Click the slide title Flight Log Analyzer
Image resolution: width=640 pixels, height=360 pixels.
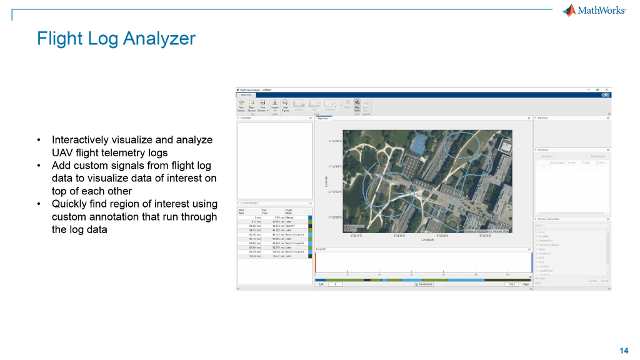(x=116, y=39)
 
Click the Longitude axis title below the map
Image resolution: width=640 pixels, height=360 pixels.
(x=428, y=239)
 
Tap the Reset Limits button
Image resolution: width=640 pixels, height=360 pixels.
(x=424, y=284)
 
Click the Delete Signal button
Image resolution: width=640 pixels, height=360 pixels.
(x=597, y=156)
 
